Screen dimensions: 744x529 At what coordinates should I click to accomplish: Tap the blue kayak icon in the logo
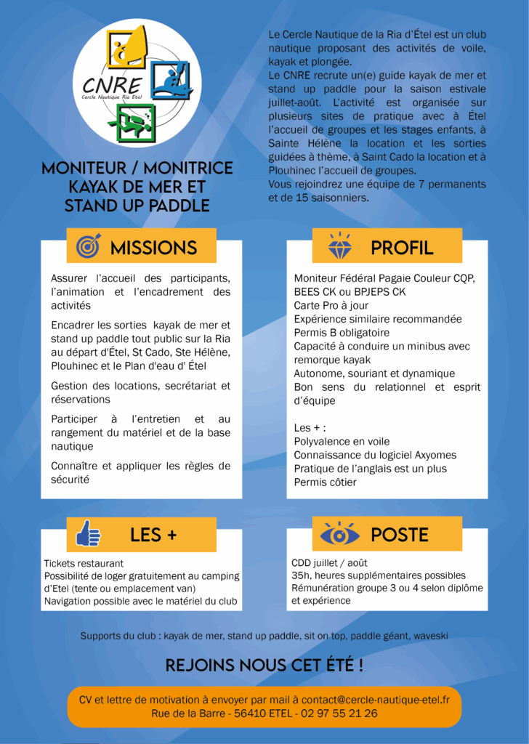pyautogui.click(x=171, y=79)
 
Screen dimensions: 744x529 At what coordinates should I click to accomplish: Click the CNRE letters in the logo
pyautogui.click(x=114, y=82)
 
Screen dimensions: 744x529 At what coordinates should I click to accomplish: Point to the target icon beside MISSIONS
pyautogui.click(x=88, y=246)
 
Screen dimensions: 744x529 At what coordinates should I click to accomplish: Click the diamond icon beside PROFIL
pyautogui.click(x=339, y=246)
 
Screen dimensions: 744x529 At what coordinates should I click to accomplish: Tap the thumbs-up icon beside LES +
pyautogui.click(x=88, y=534)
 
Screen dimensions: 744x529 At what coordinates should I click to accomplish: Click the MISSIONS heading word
pyautogui.click(x=153, y=247)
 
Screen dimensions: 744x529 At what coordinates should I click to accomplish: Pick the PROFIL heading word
pyautogui.click(x=401, y=247)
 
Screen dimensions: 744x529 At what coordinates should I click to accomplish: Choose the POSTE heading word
pyautogui.click(x=400, y=535)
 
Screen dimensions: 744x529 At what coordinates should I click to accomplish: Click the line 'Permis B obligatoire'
pyautogui.click(x=342, y=333)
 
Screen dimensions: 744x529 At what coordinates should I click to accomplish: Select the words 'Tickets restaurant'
pyautogui.click(x=84, y=563)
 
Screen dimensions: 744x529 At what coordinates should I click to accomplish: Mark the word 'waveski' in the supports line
pyautogui.click(x=431, y=636)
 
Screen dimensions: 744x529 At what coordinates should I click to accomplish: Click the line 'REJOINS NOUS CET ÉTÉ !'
pyautogui.click(x=264, y=665)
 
